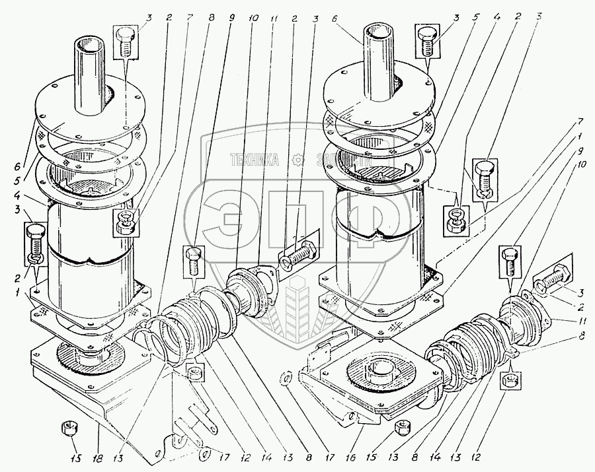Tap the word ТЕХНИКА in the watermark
tap(254, 159)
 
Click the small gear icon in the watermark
tap(299, 159)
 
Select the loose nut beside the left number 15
tap(67, 429)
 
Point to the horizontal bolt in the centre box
tap(301, 253)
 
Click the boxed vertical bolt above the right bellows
tap(510, 261)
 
